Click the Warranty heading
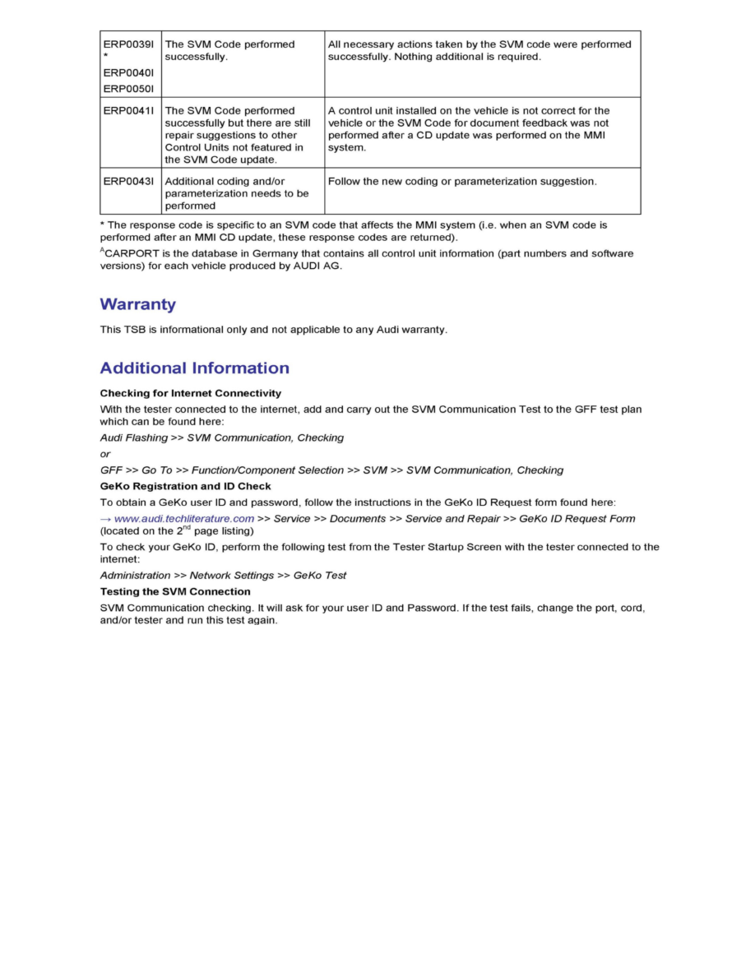[137, 304]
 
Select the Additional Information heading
[194, 368]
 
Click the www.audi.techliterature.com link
[183, 518]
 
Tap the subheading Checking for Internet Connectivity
[190, 393]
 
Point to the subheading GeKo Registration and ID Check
[185, 486]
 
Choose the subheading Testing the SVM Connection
[175, 591]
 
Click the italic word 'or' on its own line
[105, 454]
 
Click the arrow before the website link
[105, 518]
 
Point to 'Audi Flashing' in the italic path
[133, 438]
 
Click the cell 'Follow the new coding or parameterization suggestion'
[462, 181]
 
